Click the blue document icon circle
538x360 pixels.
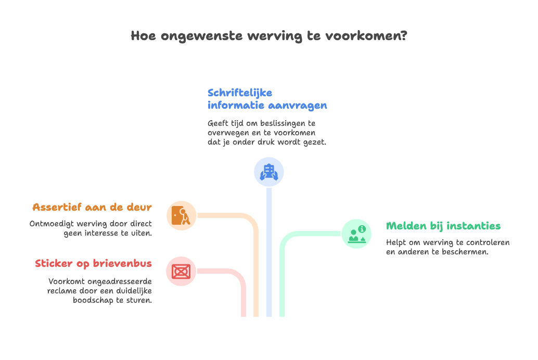[269, 172]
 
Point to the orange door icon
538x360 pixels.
[181, 215]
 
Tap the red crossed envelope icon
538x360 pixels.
[181, 271]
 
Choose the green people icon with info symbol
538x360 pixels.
[356, 234]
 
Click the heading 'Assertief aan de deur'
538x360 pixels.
[92, 207]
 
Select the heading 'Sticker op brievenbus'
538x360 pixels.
[94, 264]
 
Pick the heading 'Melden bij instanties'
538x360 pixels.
[443, 226]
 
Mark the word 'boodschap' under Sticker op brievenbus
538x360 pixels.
[93, 300]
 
